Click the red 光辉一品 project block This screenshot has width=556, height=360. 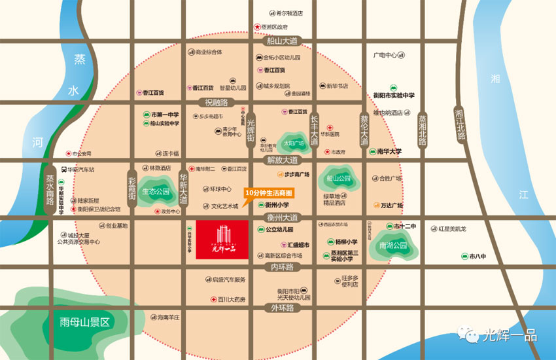tap(222, 240)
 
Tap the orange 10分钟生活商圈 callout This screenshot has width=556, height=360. tap(268, 193)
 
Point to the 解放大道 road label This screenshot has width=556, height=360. tap(282, 160)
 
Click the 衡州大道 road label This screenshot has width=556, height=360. tap(282, 217)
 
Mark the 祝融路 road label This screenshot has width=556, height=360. tap(216, 102)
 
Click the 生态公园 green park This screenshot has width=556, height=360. tap(154, 192)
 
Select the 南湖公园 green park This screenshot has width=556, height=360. tap(392, 246)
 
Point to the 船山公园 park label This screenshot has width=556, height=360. tap(338, 178)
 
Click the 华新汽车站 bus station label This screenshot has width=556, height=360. tap(78, 169)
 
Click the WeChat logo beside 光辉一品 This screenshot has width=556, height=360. tap(471, 335)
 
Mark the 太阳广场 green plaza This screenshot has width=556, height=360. tap(294, 142)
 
